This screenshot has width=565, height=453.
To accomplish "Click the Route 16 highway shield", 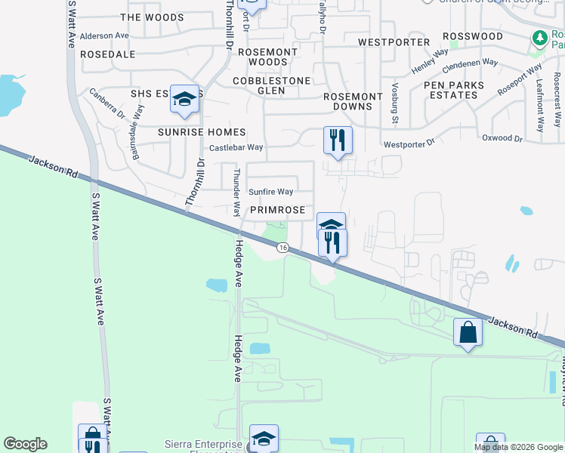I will click(282, 248).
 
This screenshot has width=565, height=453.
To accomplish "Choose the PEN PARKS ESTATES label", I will click(453, 91).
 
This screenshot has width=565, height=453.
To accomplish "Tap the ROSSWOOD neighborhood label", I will click(473, 36).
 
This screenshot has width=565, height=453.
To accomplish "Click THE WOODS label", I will click(152, 17).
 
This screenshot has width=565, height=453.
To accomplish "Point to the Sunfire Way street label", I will click(271, 193).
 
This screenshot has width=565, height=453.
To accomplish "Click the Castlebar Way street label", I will click(236, 148).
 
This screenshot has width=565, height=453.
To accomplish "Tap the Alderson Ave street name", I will click(104, 35).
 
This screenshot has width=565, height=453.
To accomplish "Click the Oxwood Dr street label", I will click(502, 138).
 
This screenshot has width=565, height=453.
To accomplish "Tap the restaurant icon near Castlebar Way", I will click(338, 140).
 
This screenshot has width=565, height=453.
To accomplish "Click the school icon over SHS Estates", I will click(184, 99).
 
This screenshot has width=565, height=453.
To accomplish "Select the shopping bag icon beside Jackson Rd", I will click(468, 331).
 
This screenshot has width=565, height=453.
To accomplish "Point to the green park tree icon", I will click(539, 39).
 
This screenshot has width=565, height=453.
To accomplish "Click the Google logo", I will click(25, 444).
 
